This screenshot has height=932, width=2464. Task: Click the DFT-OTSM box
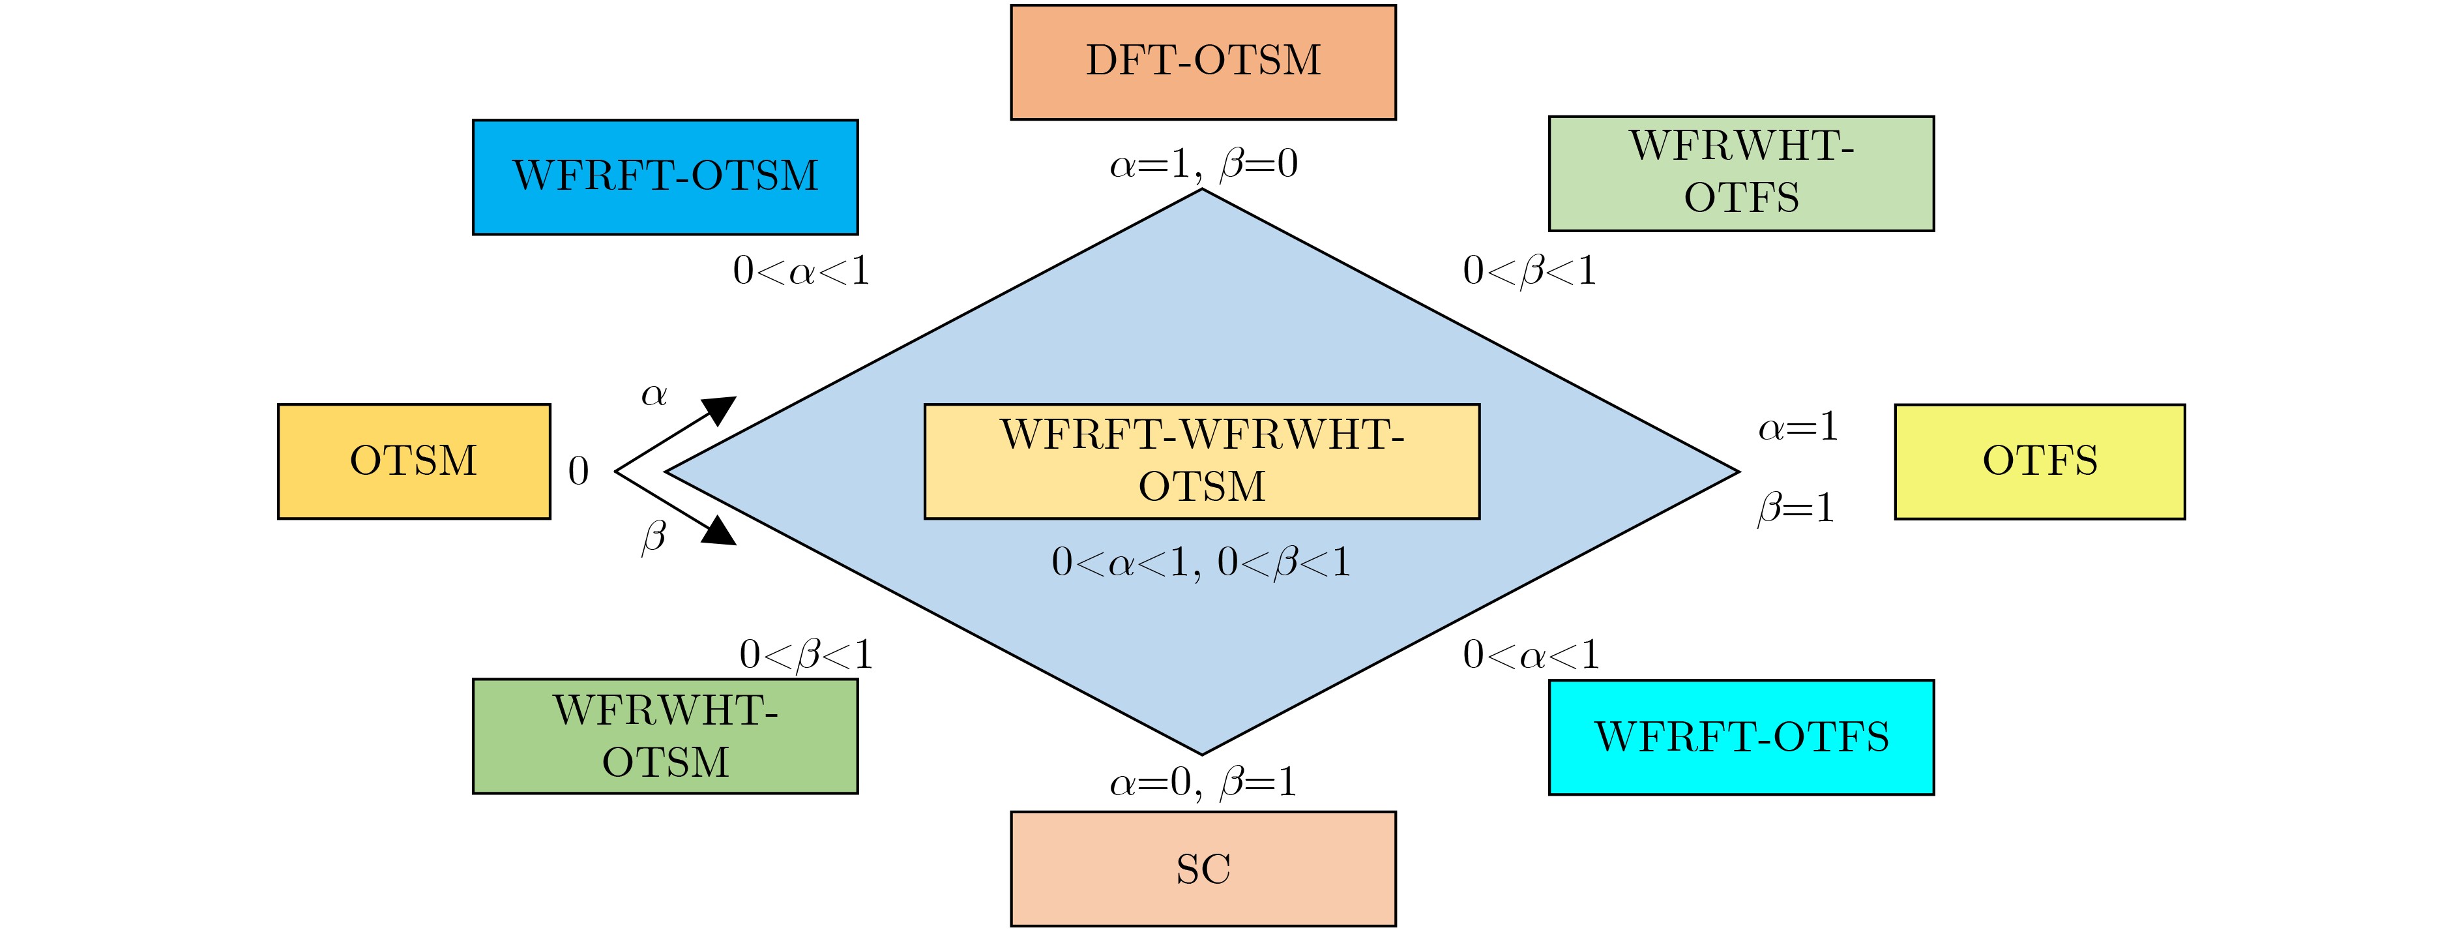[x=1203, y=62]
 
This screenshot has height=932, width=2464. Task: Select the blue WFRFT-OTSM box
[x=665, y=177]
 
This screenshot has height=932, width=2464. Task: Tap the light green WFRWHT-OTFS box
[x=1741, y=173]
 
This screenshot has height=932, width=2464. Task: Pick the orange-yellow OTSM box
[x=414, y=461]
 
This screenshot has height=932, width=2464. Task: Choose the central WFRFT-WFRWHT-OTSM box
[x=1203, y=461]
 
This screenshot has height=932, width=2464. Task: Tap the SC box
[x=1203, y=869]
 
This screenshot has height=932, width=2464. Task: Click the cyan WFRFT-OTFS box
[x=1741, y=738]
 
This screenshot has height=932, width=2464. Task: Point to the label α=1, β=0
[x=1203, y=164]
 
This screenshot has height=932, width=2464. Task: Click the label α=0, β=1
[x=1203, y=783]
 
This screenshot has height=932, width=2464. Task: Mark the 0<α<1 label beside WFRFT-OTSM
[x=802, y=272]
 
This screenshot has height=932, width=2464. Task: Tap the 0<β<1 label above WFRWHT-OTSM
[x=806, y=655]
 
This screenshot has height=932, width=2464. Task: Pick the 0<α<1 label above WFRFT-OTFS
[x=1531, y=655]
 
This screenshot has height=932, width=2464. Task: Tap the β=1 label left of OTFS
[x=1797, y=508]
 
